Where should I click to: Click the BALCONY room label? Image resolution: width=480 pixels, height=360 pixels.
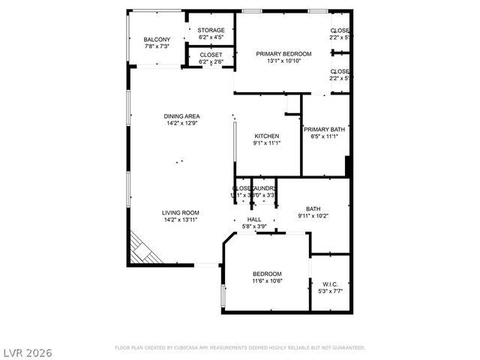coord(157,40)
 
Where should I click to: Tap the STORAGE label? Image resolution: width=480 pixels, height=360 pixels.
coord(211,30)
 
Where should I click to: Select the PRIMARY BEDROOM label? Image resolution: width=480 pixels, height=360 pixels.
coord(283,54)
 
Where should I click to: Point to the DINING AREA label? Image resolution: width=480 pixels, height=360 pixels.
coord(182,116)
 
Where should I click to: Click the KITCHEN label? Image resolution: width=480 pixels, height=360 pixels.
coord(266,136)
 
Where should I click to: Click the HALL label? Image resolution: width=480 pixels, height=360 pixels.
coord(254,219)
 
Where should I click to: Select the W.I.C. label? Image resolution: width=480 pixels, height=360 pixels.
coord(331,284)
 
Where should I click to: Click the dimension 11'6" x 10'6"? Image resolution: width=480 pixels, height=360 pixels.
coord(267,282)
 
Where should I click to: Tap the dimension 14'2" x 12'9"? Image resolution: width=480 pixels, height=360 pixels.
coord(182,123)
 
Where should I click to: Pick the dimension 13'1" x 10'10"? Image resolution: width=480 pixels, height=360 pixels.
coord(283,61)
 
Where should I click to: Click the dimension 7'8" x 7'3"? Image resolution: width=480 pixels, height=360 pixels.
coord(157,46)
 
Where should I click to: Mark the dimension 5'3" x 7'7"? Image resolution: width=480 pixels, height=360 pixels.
coord(331,291)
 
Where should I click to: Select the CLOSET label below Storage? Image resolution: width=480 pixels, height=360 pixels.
coord(211,55)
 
